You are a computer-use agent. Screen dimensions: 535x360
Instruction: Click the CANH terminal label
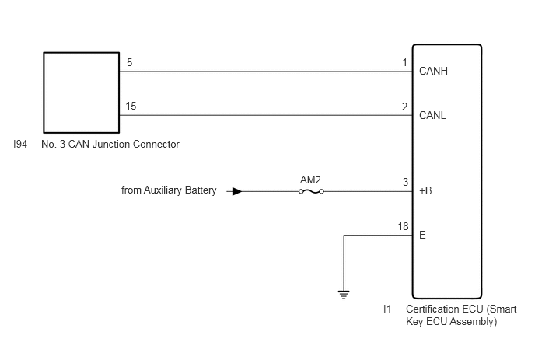point(433,71)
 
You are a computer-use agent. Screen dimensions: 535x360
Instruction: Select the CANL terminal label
point(432,115)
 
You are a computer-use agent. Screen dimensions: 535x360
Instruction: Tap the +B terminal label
point(425,190)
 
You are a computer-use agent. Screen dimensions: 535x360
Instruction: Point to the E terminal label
point(422,235)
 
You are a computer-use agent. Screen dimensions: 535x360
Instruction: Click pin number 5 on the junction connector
point(130,62)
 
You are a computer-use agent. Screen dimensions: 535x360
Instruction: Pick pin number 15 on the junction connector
point(131,106)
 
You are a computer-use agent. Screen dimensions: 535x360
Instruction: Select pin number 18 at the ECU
point(403,226)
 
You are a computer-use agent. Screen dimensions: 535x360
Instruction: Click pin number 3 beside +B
point(405,182)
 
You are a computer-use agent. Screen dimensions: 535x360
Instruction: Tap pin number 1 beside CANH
point(404,63)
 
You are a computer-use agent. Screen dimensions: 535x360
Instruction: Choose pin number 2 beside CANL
point(404,107)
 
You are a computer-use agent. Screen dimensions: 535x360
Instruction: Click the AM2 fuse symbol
point(311,192)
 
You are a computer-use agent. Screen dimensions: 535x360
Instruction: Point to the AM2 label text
point(310,180)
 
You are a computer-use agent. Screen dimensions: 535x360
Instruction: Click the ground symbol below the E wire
point(344,295)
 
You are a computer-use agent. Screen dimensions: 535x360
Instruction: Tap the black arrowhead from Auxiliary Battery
point(237,192)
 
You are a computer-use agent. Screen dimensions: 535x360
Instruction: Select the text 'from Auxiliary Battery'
point(169,190)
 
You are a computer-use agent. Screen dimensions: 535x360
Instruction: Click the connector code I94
point(20,145)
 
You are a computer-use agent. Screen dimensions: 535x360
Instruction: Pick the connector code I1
point(387,309)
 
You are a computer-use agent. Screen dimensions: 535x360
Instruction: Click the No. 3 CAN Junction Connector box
point(81,93)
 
